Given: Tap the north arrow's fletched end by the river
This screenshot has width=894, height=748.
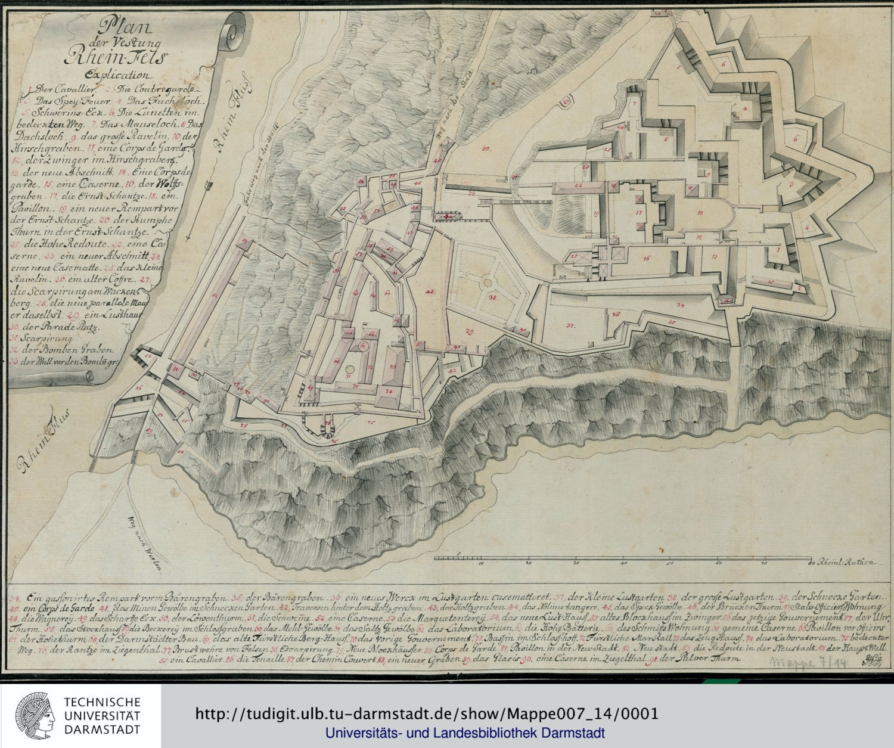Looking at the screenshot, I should [x=208, y=188].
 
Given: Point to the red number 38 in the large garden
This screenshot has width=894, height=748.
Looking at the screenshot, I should [x=492, y=297].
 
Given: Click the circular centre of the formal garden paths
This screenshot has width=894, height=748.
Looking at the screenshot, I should [x=488, y=283].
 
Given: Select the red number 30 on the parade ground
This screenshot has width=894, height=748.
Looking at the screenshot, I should [x=486, y=148].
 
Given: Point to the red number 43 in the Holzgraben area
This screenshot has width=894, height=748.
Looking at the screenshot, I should [x=430, y=291].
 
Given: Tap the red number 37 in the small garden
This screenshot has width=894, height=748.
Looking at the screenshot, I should [x=570, y=325].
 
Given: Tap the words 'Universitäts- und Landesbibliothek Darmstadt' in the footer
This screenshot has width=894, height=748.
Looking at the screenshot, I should [x=465, y=733].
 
